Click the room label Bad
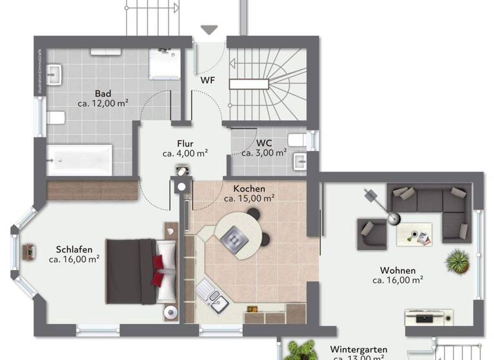coord(102,93)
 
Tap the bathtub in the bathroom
coord(79,158)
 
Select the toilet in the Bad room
coord(56,118)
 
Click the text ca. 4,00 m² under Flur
coord(185,153)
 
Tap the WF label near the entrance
coord(207,80)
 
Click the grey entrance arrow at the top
coord(210,30)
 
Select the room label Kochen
coord(250,188)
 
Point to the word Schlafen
coord(74,249)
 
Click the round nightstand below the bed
coord(170,312)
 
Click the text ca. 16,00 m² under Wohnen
coord(397,280)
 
